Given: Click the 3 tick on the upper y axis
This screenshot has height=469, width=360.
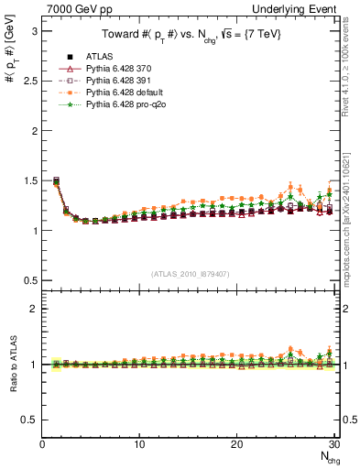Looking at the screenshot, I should click(34, 30).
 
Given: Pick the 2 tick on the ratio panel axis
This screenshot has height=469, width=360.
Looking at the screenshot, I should click(34, 309).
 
